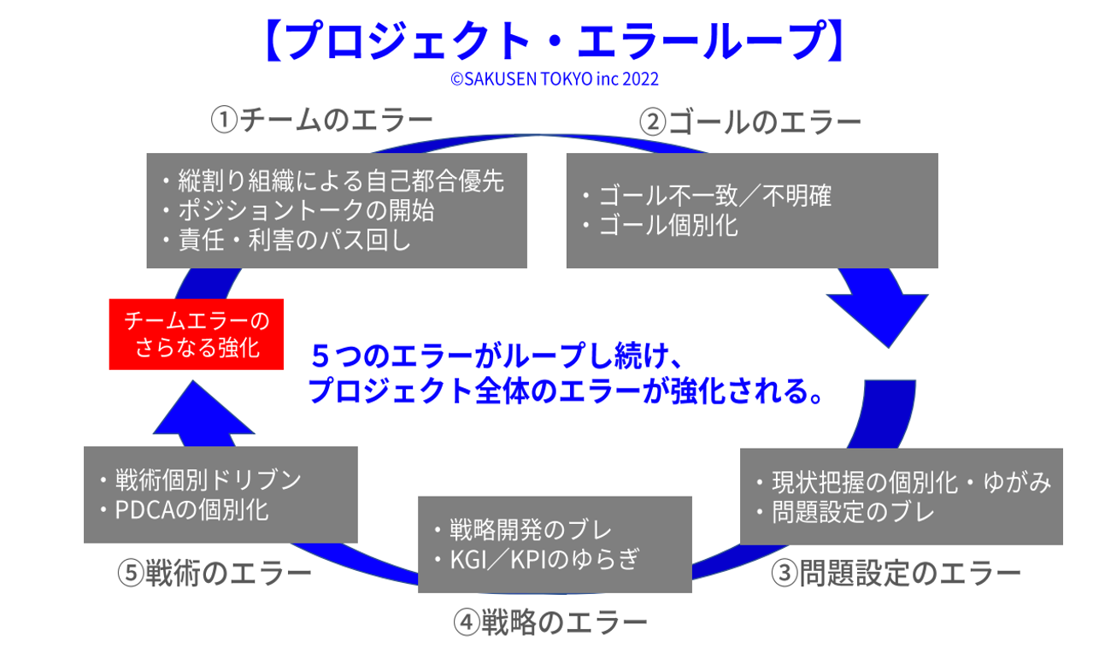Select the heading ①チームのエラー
coord(322,121)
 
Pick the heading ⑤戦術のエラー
coord(214,573)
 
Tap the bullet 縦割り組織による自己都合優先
coord(340,180)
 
